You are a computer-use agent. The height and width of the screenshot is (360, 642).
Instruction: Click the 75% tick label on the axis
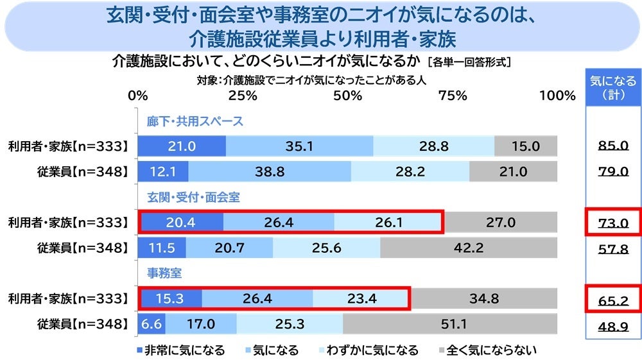(453, 96)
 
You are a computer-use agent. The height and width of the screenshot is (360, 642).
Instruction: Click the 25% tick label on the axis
(243, 96)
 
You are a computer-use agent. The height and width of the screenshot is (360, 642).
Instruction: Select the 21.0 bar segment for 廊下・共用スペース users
(182, 146)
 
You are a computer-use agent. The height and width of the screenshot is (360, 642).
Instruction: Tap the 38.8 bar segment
(270, 171)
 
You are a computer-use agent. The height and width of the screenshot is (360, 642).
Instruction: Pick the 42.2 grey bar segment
(469, 248)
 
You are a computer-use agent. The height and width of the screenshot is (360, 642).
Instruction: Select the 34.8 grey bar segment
(484, 298)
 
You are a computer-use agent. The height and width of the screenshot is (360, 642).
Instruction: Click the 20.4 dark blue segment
(181, 223)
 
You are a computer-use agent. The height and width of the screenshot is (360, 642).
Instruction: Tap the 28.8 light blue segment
(434, 146)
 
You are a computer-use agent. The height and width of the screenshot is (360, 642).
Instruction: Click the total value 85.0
(612, 146)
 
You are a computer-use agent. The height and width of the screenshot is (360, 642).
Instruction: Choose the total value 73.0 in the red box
(612, 223)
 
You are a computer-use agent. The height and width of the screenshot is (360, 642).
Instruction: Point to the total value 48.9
(612, 325)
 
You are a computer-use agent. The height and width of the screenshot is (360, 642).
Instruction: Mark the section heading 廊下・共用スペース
(195, 121)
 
